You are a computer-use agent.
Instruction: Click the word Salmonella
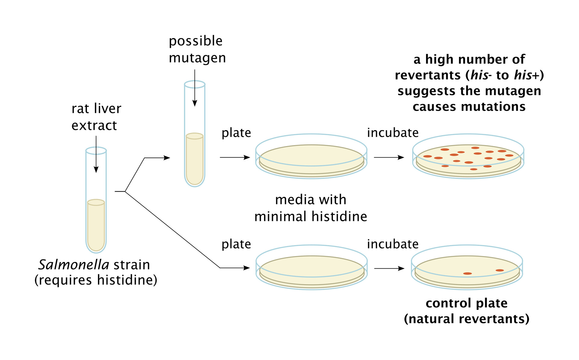[x=74, y=265]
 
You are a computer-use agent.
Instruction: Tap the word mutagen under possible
[x=197, y=58]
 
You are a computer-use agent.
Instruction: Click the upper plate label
[x=236, y=133]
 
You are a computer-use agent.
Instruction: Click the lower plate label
[x=236, y=244]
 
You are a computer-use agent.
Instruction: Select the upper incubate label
[x=393, y=133]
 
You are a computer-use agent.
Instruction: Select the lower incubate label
[x=393, y=244]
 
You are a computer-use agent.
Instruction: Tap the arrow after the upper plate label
[x=235, y=157]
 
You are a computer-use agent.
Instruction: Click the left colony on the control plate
[x=467, y=273]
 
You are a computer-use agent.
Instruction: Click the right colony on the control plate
[x=500, y=270]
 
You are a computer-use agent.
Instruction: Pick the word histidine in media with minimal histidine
[x=339, y=217]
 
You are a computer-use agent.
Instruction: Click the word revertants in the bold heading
[x=428, y=75]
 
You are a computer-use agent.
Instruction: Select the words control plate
[x=467, y=303]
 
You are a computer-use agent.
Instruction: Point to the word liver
[x=107, y=109]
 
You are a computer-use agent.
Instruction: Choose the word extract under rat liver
[x=94, y=126]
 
